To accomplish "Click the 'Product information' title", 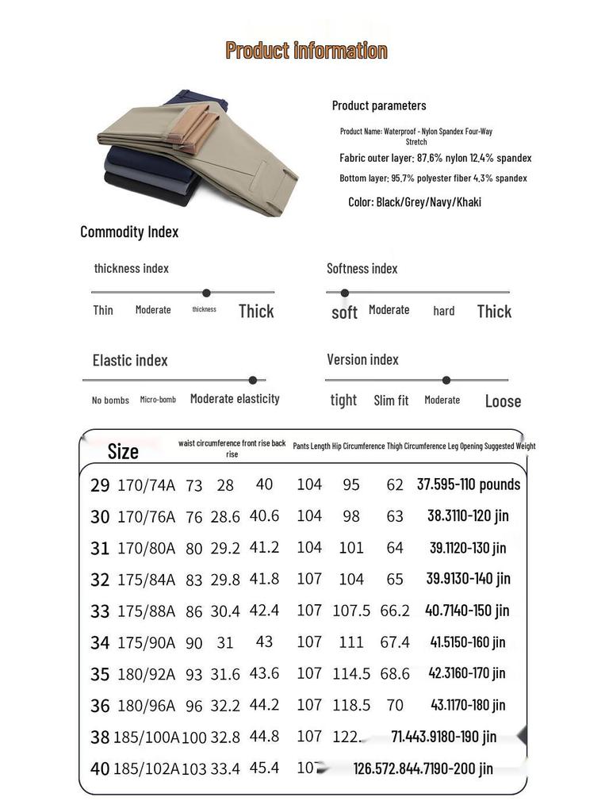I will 306,51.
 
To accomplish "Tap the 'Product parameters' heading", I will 379,105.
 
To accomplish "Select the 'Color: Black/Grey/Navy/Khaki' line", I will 414,202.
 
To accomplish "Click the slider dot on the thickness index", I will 206,293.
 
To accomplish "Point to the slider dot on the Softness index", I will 345,293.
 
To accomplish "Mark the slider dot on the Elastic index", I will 253,380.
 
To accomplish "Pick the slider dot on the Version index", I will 446,380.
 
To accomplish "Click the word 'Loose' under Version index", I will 503,401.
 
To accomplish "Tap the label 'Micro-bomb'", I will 158,400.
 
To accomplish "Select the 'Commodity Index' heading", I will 129,232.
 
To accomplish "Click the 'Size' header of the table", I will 123,452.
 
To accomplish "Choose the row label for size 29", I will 100,485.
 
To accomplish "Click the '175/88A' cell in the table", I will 146,611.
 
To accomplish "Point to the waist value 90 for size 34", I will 194,643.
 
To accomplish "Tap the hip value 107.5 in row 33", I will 351,611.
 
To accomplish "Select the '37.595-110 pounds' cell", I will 469,485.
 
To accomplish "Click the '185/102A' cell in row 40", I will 147,768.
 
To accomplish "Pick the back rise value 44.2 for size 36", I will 264,705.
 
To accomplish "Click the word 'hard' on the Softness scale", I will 444,311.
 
